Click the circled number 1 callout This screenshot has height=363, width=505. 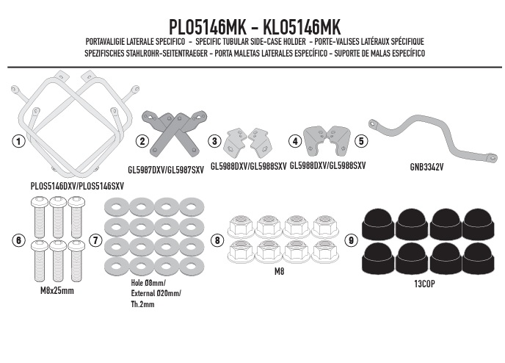[x=18, y=141]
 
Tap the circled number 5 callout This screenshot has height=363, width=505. [x=361, y=141]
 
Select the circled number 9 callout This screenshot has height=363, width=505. [x=351, y=240]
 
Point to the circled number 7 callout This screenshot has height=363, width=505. [x=95, y=240]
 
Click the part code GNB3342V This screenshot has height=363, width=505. [x=426, y=167]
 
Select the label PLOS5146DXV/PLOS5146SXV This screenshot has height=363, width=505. [x=77, y=187]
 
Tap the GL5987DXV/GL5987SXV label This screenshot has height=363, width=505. [x=166, y=170]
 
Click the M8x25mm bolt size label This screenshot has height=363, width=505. [x=57, y=291]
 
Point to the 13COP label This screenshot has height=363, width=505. [x=424, y=284]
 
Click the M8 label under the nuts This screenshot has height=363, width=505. [x=279, y=272]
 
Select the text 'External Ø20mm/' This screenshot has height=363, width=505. [x=156, y=293]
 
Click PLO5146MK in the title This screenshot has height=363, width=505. [x=208, y=27]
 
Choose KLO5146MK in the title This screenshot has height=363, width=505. [x=302, y=27]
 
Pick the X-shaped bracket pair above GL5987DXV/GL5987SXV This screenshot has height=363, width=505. [x=175, y=133]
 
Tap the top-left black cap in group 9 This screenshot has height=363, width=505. [x=379, y=223]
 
